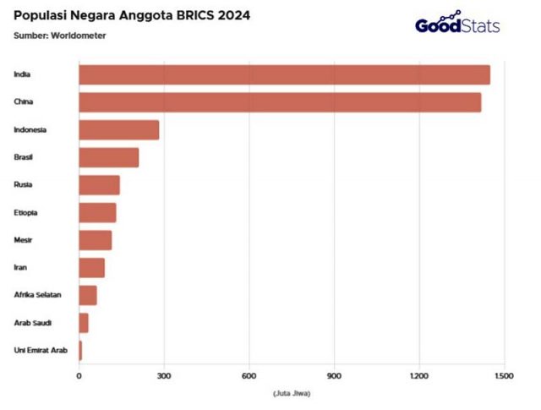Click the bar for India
click(284, 74)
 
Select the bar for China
click(280, 102)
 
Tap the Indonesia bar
click(118, 129)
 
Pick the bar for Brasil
click(108, 157)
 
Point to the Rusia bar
click(99, 185)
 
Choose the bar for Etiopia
click(97, 212)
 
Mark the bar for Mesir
click(95, 240)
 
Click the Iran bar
click(91, 268)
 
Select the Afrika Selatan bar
click(88, 295)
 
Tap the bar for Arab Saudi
click(84, 323)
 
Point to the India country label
click(22, 74)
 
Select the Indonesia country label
click(30, 129)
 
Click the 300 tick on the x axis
click(164, 376)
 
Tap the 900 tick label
click(334, 376)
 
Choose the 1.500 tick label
click(504, 376)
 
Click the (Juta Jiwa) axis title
click(290, 394)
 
